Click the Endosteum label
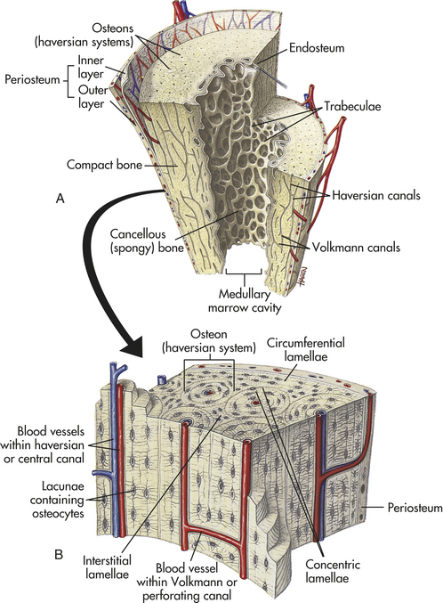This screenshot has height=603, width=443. (x=317, y=48)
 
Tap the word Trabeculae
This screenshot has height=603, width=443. (x=352, y=106)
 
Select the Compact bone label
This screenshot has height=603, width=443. (x=104, y=165)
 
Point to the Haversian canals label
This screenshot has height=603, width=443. (x=376, y=195)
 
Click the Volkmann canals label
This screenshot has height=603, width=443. (x=356, y=247)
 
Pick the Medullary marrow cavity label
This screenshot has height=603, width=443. (x=245, y=301)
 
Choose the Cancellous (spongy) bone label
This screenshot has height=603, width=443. (x=147, y=240)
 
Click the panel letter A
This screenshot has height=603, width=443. (x=60, y=199)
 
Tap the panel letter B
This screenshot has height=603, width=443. (x=59, y=555)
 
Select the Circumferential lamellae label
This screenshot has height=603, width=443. (x=306, y=349)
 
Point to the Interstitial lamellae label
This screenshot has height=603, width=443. (x=108, y=567)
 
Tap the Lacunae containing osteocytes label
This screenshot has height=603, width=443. (x=58, y=500)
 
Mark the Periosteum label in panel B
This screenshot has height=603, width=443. (x=415, y=508)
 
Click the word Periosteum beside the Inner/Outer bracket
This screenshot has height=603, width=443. (x=32, y=79)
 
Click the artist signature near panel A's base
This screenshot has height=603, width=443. (x=302, y=275)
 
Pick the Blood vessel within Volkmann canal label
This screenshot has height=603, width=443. (x=187, y=582)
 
